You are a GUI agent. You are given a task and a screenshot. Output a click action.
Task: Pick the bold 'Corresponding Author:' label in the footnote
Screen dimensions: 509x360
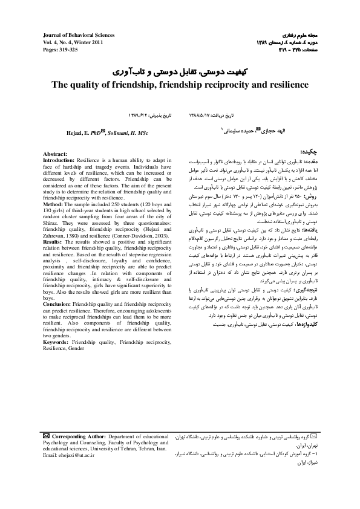79,435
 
